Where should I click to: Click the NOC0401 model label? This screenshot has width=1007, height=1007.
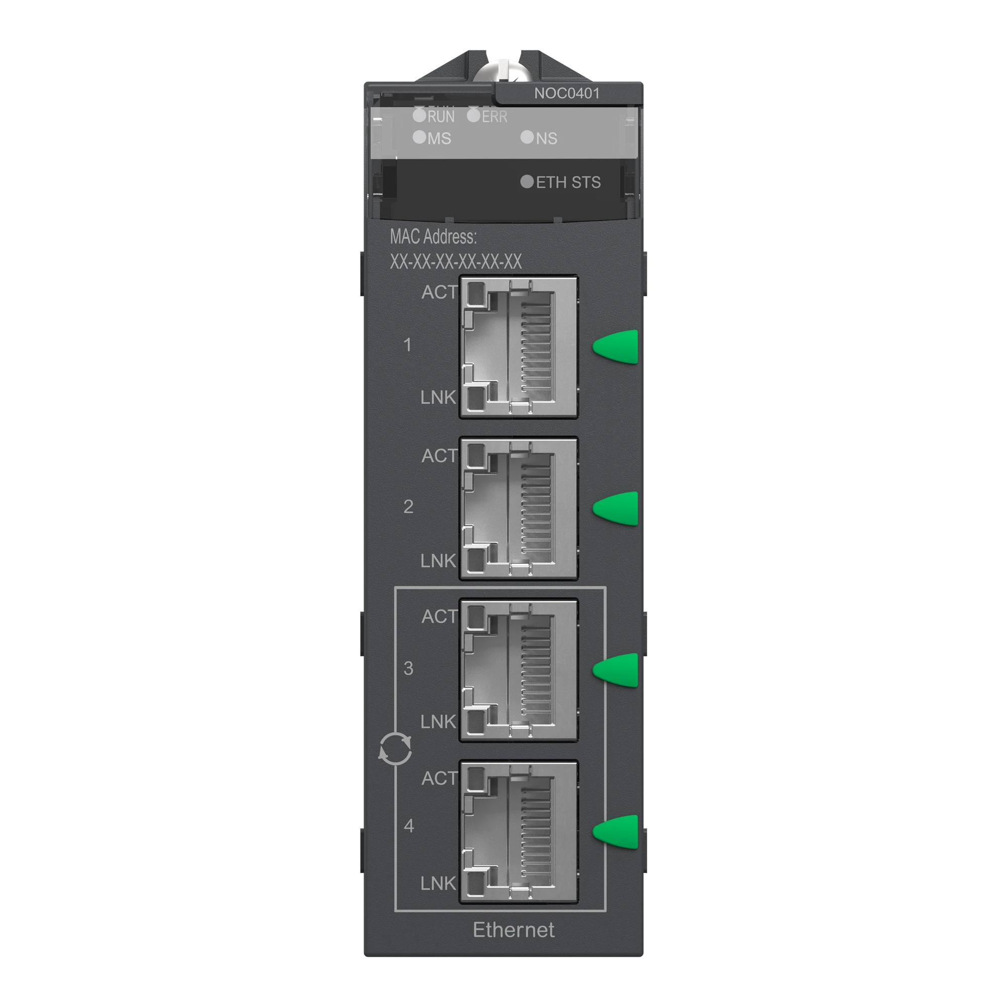(566, 94)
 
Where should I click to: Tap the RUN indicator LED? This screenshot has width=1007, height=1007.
(419, 115)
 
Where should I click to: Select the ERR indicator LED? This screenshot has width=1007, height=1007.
(473, 115)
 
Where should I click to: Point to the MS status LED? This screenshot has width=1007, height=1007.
(419, 137)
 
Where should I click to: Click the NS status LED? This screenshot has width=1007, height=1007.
(528, 137)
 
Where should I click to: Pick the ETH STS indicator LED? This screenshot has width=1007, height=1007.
(528, 181)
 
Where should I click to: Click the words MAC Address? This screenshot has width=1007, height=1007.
(433, 237)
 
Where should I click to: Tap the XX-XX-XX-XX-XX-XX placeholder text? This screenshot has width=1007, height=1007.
(456, 262)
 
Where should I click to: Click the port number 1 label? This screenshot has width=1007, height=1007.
(408, 344)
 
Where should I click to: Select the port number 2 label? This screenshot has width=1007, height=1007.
(408, 507)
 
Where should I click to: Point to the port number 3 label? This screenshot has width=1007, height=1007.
(408, 668)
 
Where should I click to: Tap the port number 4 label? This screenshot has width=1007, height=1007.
(409, 826)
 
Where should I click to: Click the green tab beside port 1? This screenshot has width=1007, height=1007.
(617, 345)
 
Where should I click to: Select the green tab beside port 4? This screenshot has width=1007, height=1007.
(617, 831)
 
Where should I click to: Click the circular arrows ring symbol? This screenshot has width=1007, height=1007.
(395, 750)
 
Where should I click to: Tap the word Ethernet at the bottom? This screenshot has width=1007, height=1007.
(514, 930)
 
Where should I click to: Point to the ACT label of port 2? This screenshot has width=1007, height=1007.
(440, 456)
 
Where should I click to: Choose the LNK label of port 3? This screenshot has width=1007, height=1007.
(439, 722)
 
